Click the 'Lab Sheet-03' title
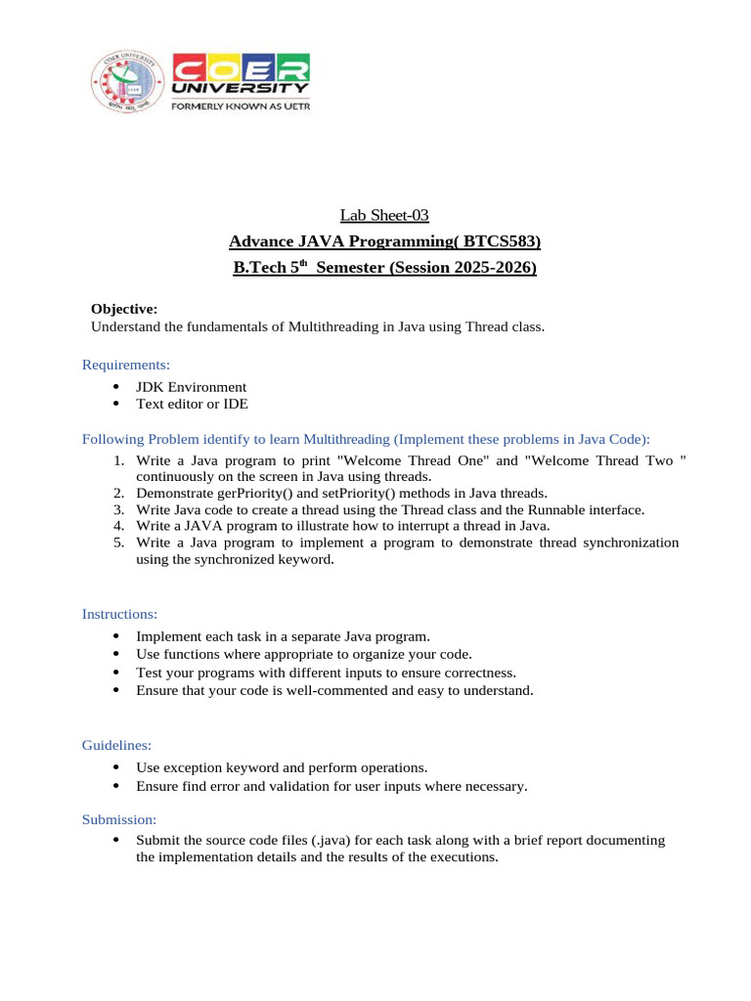(x=384, y=215)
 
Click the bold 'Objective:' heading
(x=123, y=309)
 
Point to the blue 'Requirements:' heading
(x=126, y=365)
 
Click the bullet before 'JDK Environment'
(x=115, y=386)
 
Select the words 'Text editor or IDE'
(x=192, y=403)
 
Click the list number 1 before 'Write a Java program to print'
(x=117, y=459)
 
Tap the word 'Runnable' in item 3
(x=558, y=509)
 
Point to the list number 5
(x=117, y=543)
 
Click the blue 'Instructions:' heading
(x=119, y=614)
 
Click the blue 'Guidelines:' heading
(x=116, y=745)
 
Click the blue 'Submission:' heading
(x=119, y=819)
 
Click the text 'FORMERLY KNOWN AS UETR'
(x=241, y=108)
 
